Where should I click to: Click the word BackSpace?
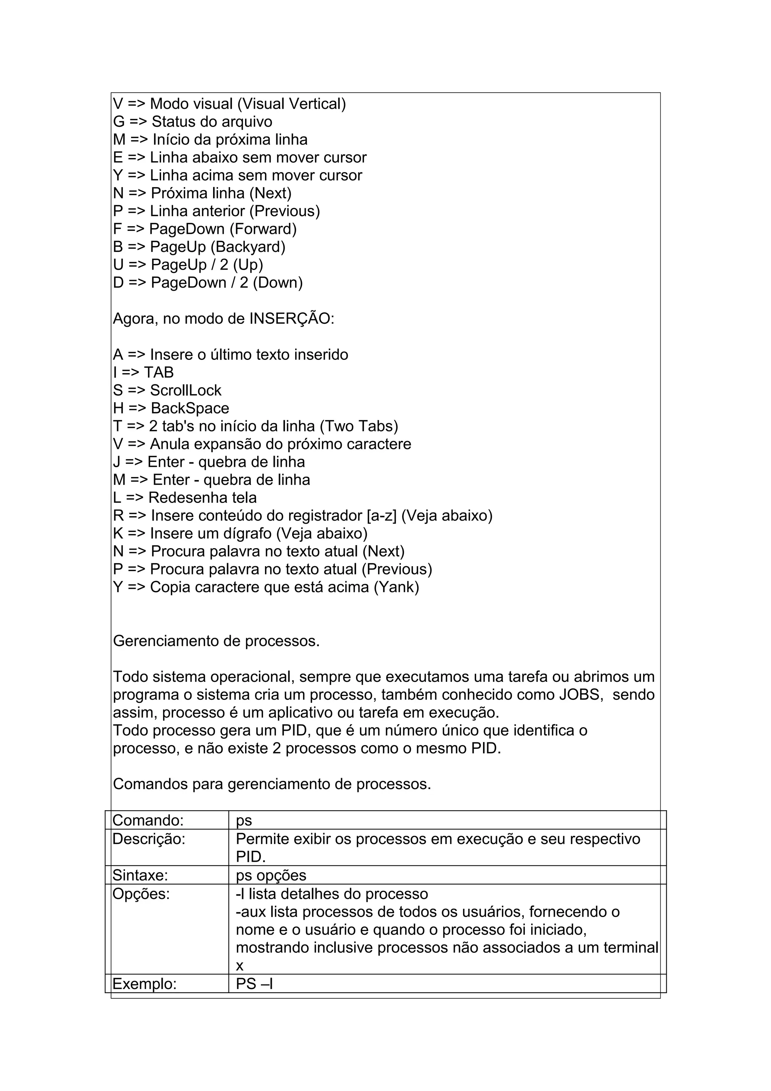pyautogui.click(x=190, y=408)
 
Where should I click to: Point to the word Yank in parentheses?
pyautogui.click(x=396, y=587)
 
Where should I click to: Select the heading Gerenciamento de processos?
pyautogui.click(x=216, y=641)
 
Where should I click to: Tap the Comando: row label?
pyautogui.click(x=148, y=820)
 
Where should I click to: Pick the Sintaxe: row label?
pyautogui.click(x=140, y=875)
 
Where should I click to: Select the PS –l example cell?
pyautogui.click(x=254, y=984)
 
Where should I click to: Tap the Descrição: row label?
pyautogui.click(x=149, y=839)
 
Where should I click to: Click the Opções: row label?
pyautogui.click(x=141, y=894)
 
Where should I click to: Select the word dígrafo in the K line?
pyautogui.click(x=247, y=533)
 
